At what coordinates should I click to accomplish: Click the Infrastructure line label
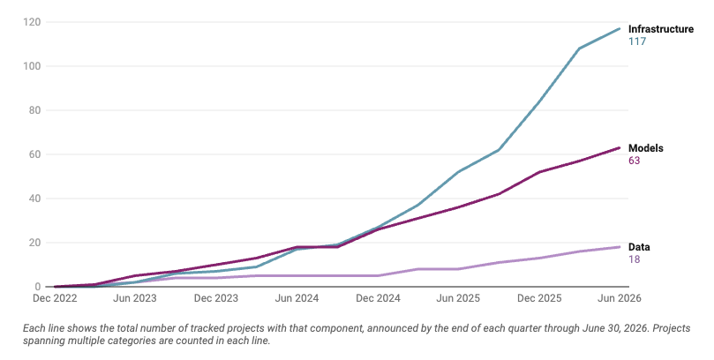click(661, 29)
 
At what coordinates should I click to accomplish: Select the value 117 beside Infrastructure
click(637, 41)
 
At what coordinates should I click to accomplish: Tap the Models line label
click(646, 148)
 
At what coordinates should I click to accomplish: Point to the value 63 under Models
click(635, 161)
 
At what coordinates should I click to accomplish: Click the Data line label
click(639, 247)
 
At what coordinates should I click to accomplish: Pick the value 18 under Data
click(635, 259)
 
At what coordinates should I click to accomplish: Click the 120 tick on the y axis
click(32, 22)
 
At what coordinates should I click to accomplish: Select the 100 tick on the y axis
click(32, 66)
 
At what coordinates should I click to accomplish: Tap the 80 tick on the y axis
click(34, 110)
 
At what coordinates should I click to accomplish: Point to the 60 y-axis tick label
click(34, 154)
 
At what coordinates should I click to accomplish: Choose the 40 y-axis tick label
click(34, 199)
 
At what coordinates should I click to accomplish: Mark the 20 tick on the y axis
click(34, 243)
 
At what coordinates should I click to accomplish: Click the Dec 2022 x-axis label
click(55, 298)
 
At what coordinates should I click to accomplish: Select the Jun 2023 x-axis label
click(135, 298)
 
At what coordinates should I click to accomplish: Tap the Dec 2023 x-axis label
click(216, 298)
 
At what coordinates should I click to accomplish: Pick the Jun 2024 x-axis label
click(297, 298)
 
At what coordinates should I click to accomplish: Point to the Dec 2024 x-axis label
click(378, 298)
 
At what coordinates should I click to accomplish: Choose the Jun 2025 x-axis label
click(458, 298)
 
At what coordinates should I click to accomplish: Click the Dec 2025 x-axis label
click(539, 298)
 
